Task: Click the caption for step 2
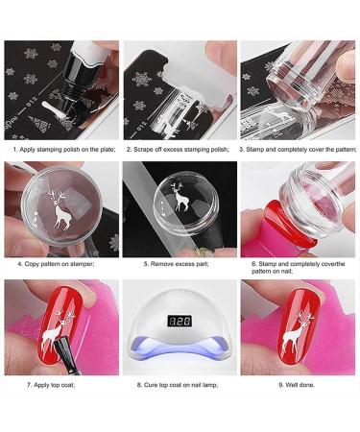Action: click(x=179, y=149)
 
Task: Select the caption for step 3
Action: click(x=299, y=149)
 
